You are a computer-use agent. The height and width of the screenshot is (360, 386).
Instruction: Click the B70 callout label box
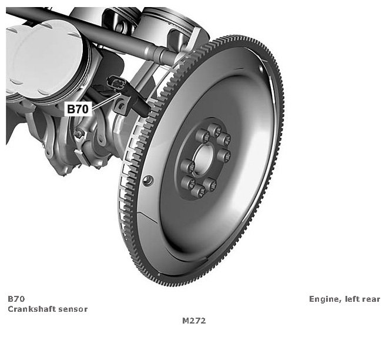coord(78,109)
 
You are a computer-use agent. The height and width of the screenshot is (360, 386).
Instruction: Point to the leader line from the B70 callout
coord(106,101)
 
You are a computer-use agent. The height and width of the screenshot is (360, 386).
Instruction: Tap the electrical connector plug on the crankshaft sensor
coord(115,82)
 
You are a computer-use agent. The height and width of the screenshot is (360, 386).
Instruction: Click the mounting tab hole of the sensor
coord(121,106)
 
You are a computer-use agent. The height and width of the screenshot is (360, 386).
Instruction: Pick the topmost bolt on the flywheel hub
coord(214,131)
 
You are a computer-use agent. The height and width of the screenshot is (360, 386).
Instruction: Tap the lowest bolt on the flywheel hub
coord(199,191)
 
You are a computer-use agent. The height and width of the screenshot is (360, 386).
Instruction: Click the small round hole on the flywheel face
coord(148,181)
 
